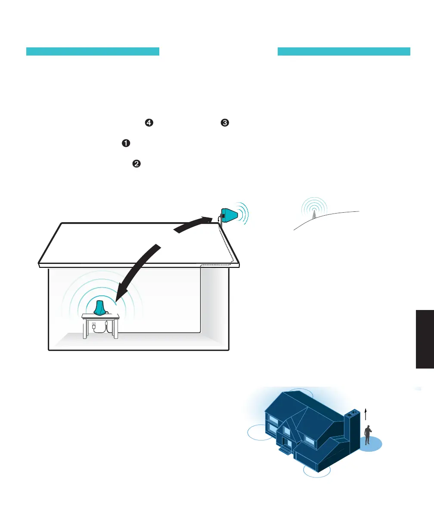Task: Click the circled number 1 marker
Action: click(126, 144)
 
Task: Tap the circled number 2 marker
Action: click(136, 164)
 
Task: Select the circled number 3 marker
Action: click(224, 123)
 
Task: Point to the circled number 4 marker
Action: click(149, 123)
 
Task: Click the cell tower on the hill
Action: click(314, 212)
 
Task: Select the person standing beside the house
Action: click(368, 435)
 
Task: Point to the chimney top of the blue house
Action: click(352, 412)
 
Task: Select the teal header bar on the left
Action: click(93, 52)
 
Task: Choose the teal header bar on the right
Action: click(344, 52)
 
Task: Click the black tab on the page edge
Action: click(425, 338)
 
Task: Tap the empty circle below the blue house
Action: click(317, 471)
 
